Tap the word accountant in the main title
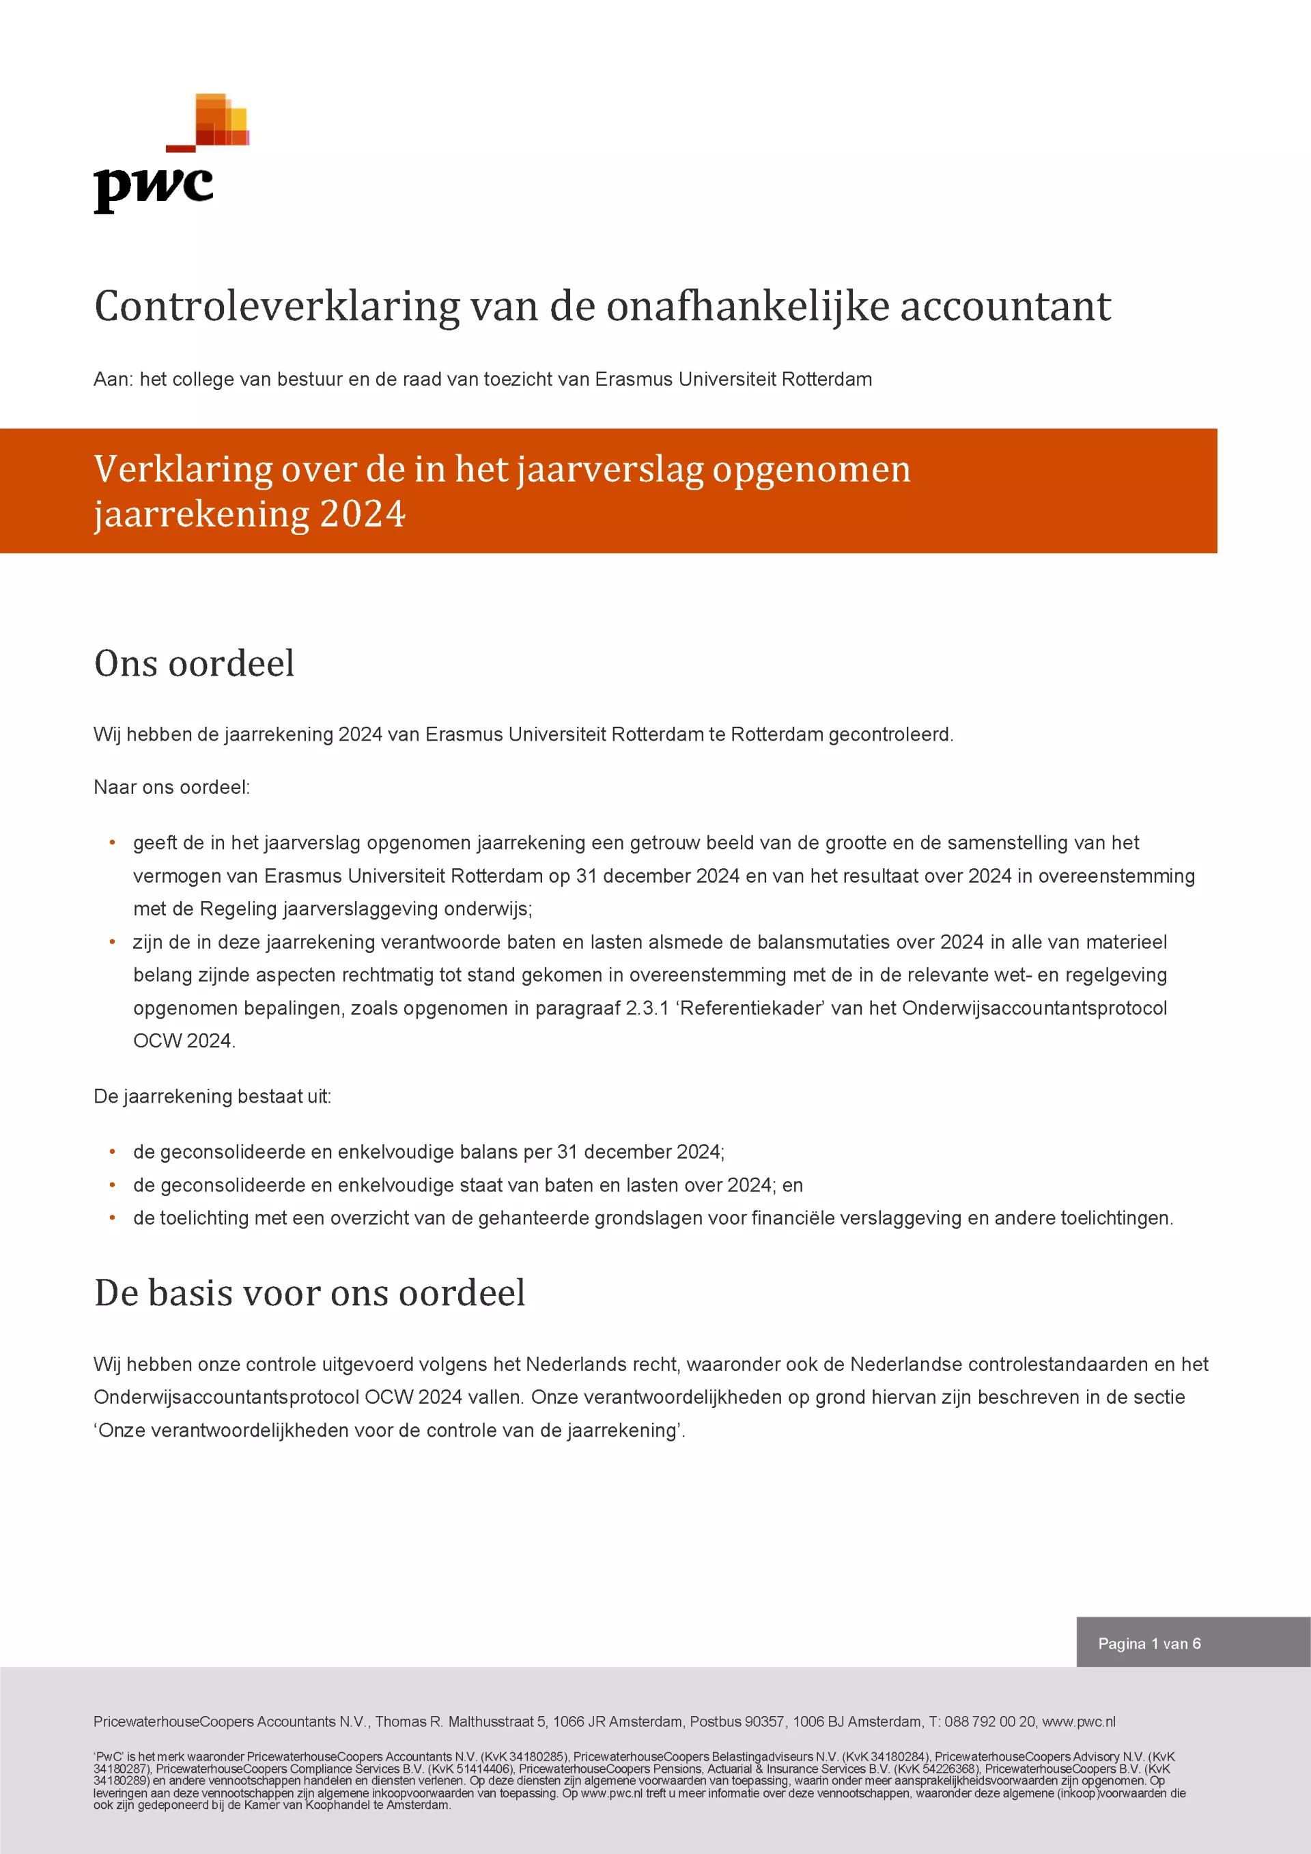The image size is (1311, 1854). pyautogui.click(x=1005, y=307)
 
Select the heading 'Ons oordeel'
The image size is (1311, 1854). pyautogui.click(x=194, y=664)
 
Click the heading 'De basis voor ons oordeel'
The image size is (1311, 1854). pyautogui.click(x=309, y=1292)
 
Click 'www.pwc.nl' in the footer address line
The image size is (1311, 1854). pyautogui.click(x=1079, y=1721)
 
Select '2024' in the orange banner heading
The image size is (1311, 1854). pyautogui.click(x=363, y=514)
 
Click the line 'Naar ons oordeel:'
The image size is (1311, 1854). pyautogui.click(x=172, y=788)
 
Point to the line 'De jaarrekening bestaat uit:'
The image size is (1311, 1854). pyautogui.click(x=212, y=1096)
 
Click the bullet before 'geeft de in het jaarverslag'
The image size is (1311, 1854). pyautogui.click(x=112, y=843)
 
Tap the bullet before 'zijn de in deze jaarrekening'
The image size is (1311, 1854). pyautogui.click(x=112, y=942)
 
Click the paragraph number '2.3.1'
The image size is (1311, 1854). pyautogui.click(x=647, y=1008)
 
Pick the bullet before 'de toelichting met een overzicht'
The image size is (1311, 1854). pyautogui.click(x=112, y=1218)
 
